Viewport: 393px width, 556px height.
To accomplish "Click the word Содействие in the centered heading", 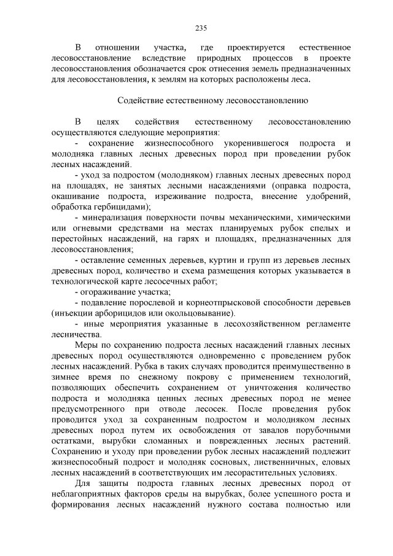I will coord(139,98).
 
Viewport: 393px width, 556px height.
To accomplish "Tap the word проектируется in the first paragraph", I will coord(253,47).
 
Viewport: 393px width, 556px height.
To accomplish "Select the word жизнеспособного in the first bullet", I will coord(160,142).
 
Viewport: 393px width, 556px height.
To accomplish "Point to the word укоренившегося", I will coord(243,142).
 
